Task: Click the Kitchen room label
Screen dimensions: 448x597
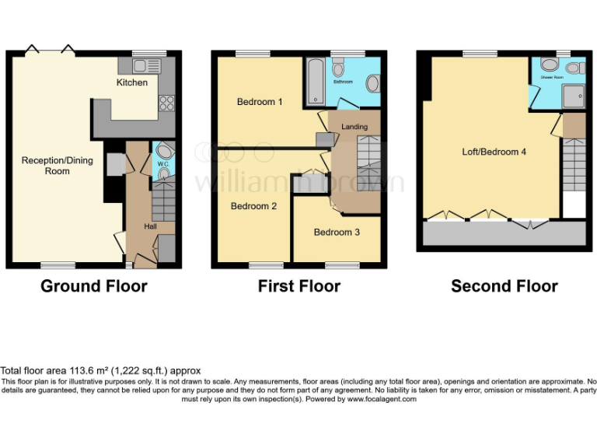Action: [132, 82]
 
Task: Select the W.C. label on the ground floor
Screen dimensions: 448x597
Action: [163, 163]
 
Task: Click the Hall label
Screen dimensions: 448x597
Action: [151, 226]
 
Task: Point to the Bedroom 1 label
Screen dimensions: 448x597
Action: [260, 102]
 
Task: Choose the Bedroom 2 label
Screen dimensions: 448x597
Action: [253, 206]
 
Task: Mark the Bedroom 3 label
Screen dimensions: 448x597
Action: [337, 232]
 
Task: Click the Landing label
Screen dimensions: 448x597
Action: [354, 127]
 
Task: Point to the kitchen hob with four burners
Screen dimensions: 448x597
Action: [166, 102]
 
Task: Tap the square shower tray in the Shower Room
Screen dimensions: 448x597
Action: [574, 95]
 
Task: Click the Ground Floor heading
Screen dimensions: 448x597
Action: [94, 286]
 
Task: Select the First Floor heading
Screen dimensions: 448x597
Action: [299, 286]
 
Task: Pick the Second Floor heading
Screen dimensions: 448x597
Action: [504, 286]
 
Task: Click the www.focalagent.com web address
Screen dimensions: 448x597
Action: [382, 399]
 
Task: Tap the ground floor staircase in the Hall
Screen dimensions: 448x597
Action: [163, 205]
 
